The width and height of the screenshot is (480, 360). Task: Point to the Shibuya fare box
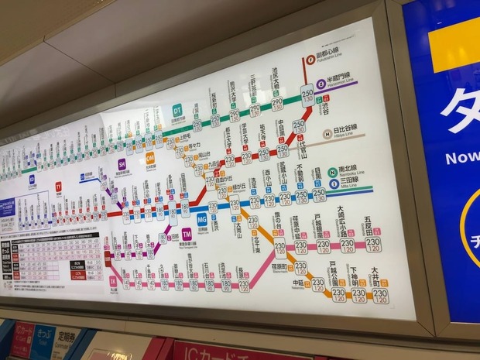tap(307, 94)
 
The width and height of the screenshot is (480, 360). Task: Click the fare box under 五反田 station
tap(372, 244)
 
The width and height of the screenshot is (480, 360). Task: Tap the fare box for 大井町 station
tap(379, 295)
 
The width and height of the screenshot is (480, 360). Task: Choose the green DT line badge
tap(177, 110)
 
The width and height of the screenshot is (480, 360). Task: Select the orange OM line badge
tap(150, 157)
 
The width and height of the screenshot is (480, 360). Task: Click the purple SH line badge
tap(122, 163)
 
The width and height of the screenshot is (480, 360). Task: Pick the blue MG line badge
tap(202, 219)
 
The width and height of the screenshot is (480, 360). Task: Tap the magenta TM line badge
tap(187, 234)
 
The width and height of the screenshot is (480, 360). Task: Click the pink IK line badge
tap(112, 281)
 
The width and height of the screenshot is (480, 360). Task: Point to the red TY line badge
tap(58, 187)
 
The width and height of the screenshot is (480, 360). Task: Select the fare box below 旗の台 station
tap(279, 249)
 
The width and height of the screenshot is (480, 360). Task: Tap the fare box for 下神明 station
tap(358, 295)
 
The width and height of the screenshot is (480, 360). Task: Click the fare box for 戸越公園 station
tap(338, 294)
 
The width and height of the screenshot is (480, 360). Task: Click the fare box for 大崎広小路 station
tap(348, 245)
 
